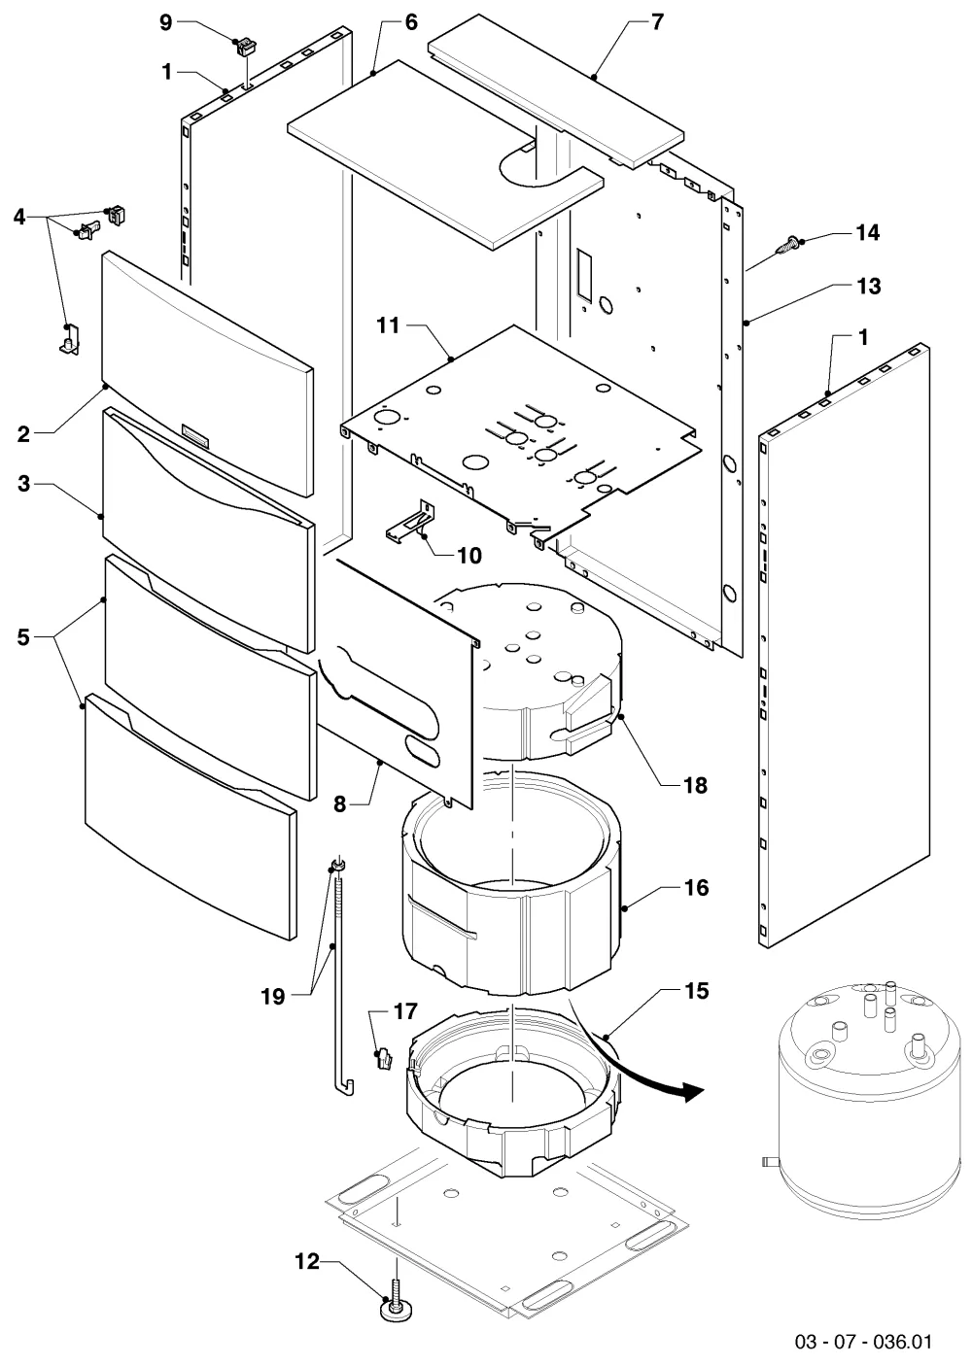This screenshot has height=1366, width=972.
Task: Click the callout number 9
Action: coord(165,23)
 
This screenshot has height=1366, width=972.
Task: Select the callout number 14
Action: coord(868,232)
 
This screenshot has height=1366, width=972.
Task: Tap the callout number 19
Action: coord(273,997)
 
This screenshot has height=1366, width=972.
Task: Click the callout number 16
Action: coord(696,887)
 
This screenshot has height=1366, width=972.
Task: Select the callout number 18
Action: coord(695,785)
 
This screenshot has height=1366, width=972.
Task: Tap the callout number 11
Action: coord(388,325)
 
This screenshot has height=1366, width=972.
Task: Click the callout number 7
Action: coord(656,22)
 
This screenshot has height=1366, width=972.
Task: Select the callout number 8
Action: coord(340,804)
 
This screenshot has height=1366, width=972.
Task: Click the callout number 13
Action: coord(869,286)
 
